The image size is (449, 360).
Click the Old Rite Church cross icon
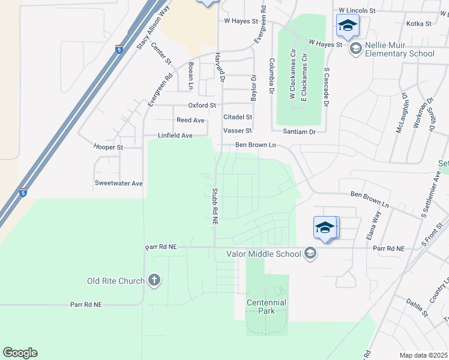(155, 280)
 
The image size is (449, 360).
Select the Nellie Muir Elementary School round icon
(355, 48)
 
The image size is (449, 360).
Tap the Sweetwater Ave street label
(119, 183)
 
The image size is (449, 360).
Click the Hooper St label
(108, 147)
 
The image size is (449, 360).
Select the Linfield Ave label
(175, 136)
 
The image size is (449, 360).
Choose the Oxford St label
(202, 105)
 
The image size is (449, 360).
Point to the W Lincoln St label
(357, 11)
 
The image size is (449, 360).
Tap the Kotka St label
(419, 23)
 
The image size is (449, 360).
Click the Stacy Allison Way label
(152, 25)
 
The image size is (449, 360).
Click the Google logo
(20, 353)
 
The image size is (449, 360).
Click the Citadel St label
(238, 117)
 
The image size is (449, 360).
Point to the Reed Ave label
(190, 120)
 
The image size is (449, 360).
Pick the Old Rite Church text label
(116, 281)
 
